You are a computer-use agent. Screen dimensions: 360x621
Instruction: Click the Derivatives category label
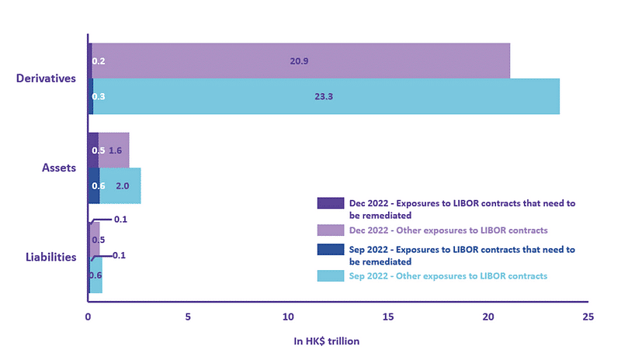(x=46, y=78)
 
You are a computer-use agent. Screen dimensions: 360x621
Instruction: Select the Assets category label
(x=58, y=168)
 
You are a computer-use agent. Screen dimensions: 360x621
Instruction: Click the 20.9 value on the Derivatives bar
(x=299, y=61)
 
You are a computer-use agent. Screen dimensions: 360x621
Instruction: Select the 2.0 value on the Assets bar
(x=123, y=186)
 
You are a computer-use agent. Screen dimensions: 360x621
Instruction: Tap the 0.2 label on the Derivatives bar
(x=99, y=61)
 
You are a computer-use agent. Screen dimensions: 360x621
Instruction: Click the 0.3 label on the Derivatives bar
(x=99, y=96)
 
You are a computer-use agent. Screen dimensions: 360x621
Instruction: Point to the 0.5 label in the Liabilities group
(x=99, y=240)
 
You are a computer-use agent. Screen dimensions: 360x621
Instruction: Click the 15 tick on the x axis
(x=387, y=317)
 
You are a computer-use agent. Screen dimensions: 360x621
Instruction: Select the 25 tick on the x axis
(x=588, y=317)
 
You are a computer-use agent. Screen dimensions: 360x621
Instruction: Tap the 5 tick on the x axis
(x=188, y=317)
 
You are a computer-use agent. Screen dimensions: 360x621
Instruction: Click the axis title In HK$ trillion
(x=326, y=341)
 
